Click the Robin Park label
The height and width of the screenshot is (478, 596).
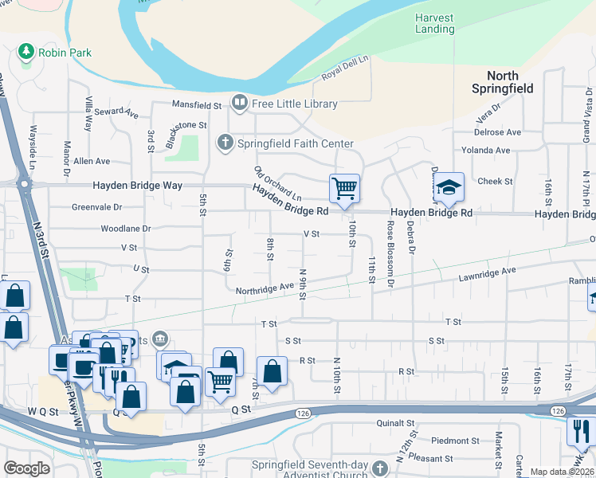(x=67, y=53)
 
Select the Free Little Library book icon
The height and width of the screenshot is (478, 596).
(x=238, y=103)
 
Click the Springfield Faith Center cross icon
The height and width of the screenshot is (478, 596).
(x=225, y=143)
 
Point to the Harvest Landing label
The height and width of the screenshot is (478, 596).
(x=435, y=23)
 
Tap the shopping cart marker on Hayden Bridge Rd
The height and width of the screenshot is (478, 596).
(x=344, y=189)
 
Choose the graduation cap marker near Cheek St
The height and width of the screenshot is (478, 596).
(x=449, y=188)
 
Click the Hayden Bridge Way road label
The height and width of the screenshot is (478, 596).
(x=138, y=185)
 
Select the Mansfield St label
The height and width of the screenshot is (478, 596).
(x=197, y=105)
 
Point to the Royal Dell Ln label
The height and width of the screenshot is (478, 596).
(x=345, y=69)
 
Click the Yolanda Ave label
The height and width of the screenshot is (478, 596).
(x=486, y=150)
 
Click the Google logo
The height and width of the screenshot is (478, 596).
(x=26, y=468)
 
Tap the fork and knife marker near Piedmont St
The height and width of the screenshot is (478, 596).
(x=580, y=432)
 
